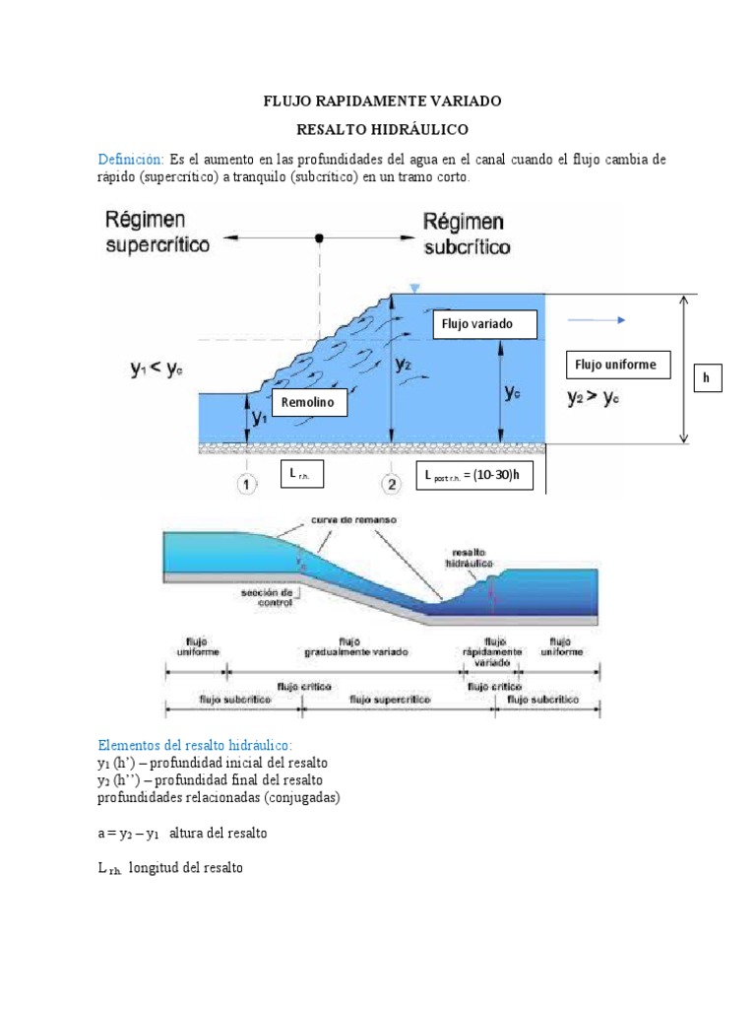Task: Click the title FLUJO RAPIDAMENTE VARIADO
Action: [382, 101]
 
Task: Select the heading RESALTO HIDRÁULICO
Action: [383, 129]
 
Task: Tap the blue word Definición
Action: [131, 159]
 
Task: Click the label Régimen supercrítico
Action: [157, 232]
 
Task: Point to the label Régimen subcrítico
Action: [466, 233]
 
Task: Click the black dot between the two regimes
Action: [319, 237]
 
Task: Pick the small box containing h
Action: [706, 377]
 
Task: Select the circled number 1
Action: [247, 484]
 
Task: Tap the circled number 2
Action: [392, 484]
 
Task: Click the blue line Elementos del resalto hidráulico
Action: [195, 744]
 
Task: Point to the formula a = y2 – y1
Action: [133, 833]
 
